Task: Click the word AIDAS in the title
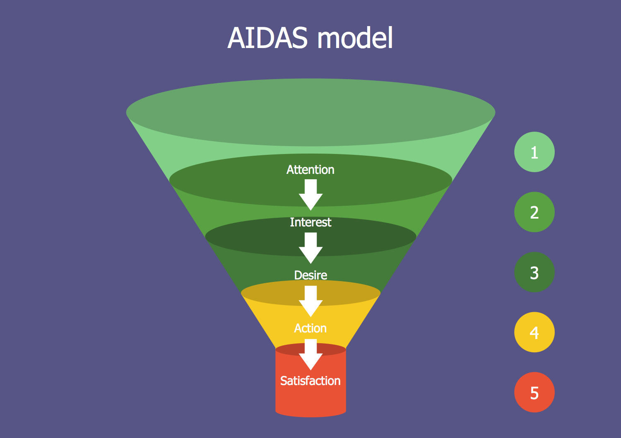pos(267,38)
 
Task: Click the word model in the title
pos(355,38)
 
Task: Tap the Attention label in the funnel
pos(310,170)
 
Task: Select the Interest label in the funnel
pos(310,222)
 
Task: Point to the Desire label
pos(310,275)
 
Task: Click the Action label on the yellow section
pos(310,328)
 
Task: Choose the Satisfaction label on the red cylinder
pos(310,381)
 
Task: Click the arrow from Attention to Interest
pos(310,195)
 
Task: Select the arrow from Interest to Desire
pos(310,248)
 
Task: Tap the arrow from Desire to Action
pos(310,301)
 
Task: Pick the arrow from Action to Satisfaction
pos(310,354)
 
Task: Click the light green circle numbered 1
pos(534,152)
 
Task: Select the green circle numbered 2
pos(534,212)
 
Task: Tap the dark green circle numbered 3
pos(534,272)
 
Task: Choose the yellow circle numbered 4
pos(534,332)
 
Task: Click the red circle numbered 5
pos(534,392)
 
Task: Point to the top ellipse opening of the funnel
pos(310,112)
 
